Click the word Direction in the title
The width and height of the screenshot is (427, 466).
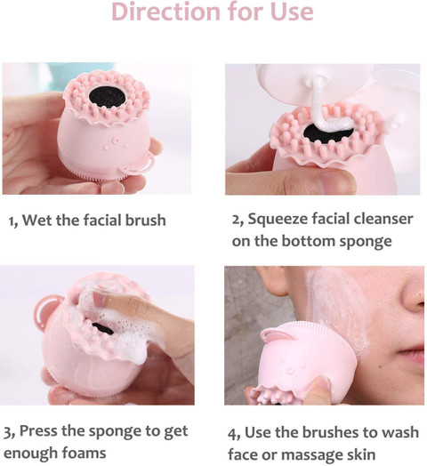166,12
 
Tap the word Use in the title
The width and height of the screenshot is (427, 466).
292,12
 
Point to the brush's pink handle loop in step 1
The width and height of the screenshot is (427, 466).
137,164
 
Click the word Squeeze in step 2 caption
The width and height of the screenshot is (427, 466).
278,220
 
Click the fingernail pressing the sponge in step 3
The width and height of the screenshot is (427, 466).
99,298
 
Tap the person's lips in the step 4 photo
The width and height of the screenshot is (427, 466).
412,355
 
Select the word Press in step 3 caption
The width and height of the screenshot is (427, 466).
37,431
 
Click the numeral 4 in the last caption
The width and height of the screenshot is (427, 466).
232,434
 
